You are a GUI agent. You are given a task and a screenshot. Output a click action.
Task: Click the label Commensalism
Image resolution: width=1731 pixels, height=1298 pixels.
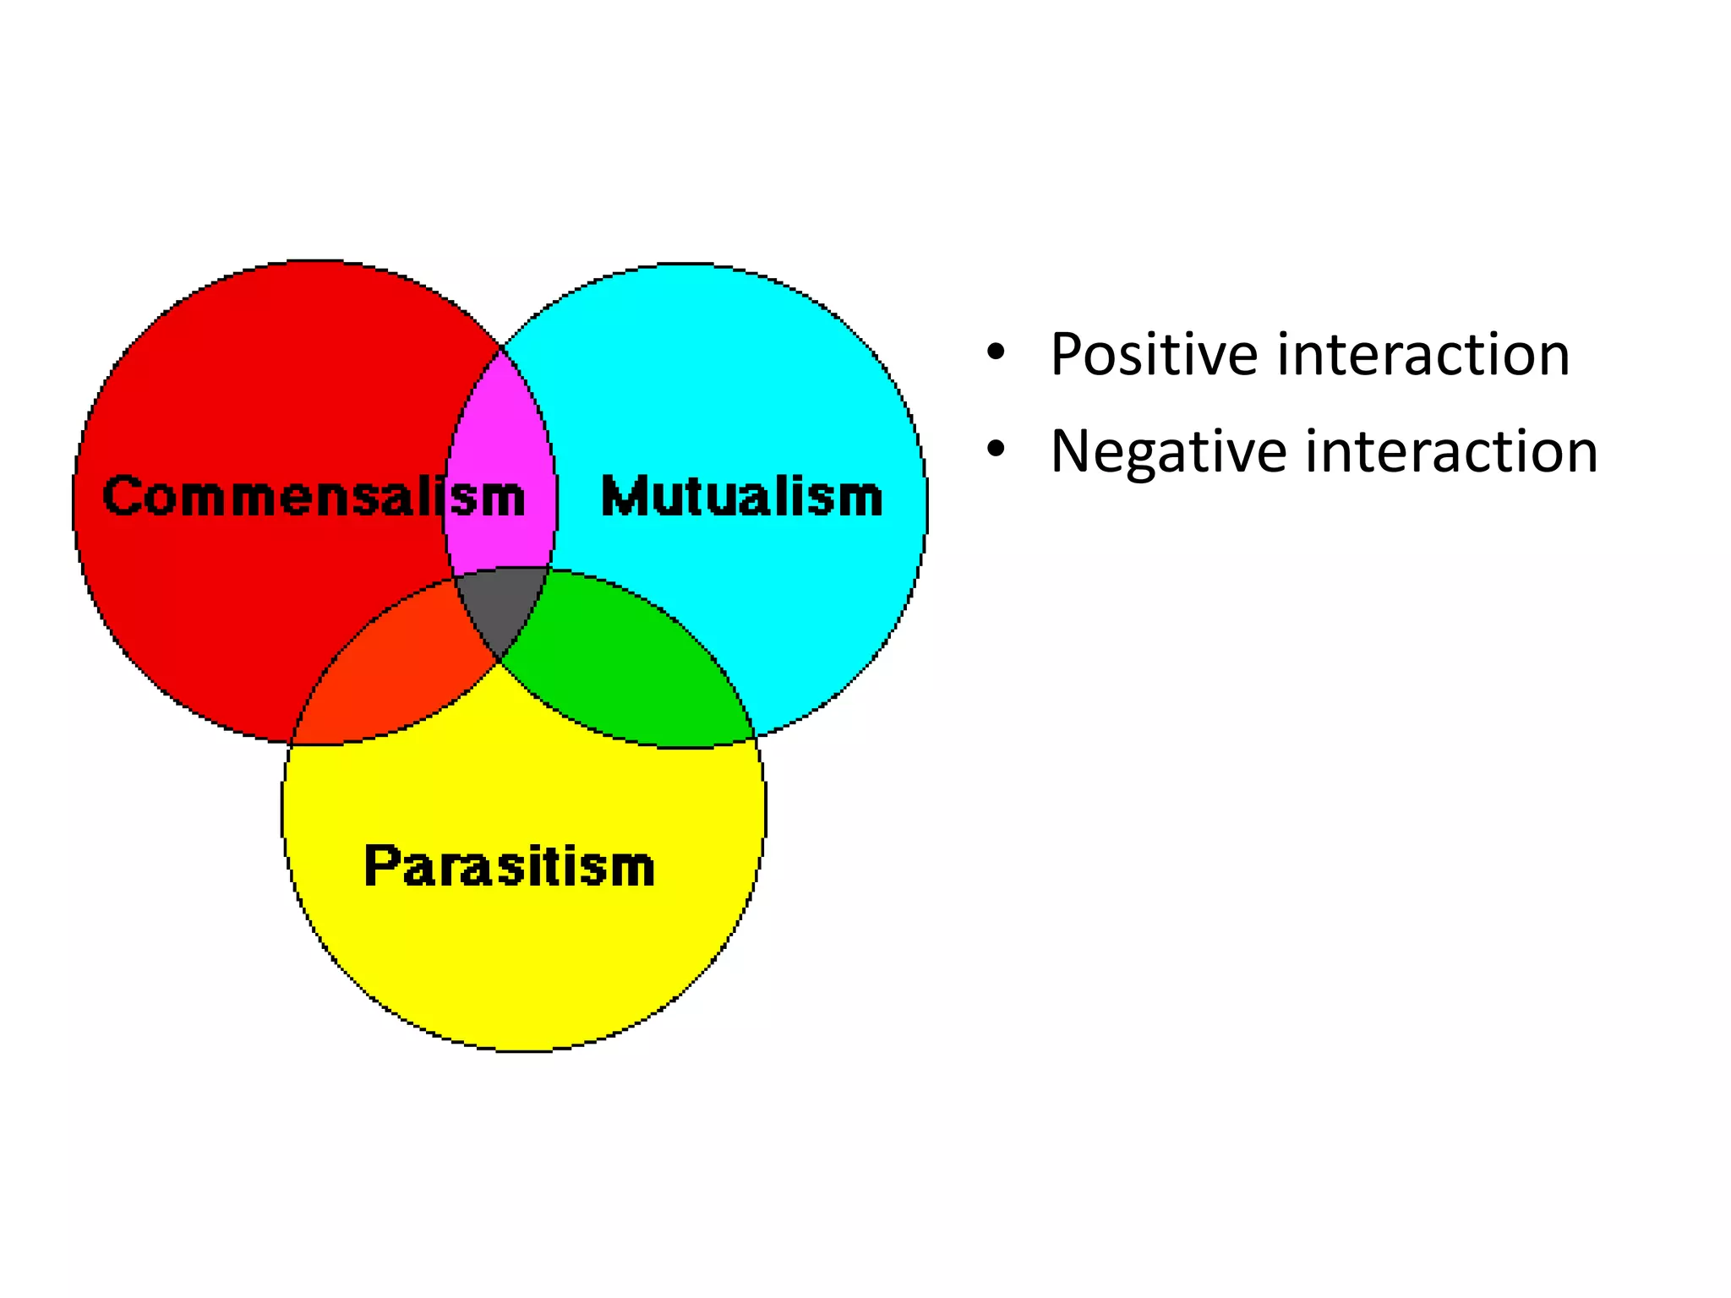pos(313,496)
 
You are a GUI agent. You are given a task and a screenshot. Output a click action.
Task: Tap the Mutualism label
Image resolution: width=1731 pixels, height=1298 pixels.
pos(741,496)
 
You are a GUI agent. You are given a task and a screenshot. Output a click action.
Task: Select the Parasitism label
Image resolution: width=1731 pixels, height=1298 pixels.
pos(509,866)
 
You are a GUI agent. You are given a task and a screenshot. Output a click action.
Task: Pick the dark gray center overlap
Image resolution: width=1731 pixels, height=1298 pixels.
pos(501,604)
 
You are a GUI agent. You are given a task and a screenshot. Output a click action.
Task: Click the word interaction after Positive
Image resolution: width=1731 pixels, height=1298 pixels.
pos(1423,355)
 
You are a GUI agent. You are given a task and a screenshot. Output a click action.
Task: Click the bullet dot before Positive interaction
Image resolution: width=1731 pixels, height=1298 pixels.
pos(996,352)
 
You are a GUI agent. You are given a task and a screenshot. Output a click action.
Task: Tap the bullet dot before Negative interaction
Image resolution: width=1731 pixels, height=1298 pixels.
pos(996,449)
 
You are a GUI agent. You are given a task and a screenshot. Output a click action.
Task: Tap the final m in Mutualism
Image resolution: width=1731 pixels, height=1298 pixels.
pos(860,498)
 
